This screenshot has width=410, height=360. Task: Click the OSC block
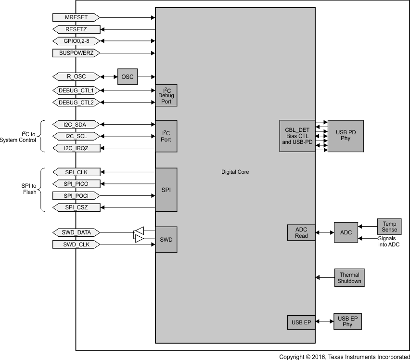point(128,77)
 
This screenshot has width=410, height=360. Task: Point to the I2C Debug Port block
point(166,96)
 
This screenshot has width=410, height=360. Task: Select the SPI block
point(166,190)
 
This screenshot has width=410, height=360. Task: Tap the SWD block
point(166,239)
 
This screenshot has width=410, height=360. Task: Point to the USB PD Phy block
point(345,136)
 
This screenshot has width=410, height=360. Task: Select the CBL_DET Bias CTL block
point(297,136)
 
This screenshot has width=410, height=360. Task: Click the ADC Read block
point(301,232)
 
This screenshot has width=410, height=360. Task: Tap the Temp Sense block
point(389,226)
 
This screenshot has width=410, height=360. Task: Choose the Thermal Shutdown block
point(349,278)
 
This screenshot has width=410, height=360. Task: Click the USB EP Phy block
point(347,321)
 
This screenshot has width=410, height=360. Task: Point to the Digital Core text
point(235,172)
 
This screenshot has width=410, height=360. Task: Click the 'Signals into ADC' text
point(388,242)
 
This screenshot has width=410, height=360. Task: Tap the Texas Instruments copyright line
point(344,357)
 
